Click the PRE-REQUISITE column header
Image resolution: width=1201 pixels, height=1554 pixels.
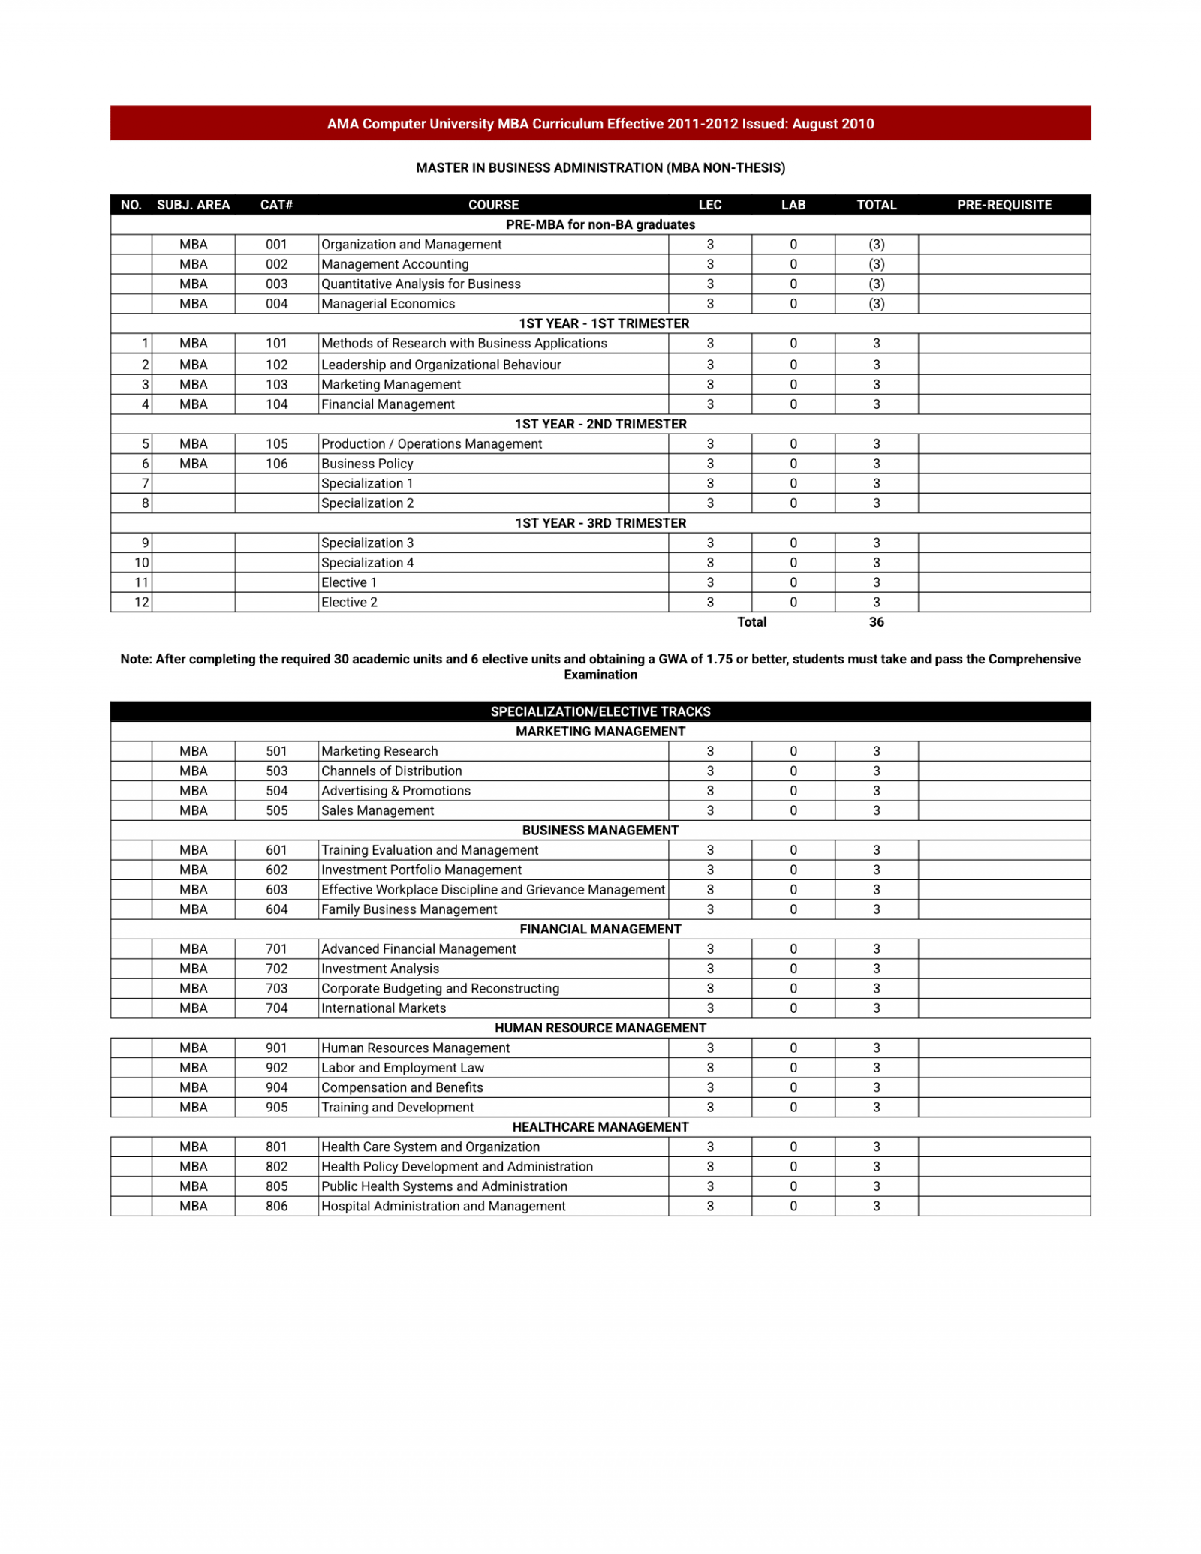1004,205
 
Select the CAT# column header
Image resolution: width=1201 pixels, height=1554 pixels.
276,205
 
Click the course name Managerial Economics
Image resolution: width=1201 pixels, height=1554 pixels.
388,304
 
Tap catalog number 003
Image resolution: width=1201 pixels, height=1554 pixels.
276,284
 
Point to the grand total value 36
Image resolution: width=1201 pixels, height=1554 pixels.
876,622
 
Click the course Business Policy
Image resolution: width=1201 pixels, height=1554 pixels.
367,464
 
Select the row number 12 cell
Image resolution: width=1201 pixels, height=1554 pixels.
142,602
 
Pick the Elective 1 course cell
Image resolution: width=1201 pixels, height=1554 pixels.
349,582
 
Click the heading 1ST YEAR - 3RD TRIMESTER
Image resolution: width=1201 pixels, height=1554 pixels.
600,523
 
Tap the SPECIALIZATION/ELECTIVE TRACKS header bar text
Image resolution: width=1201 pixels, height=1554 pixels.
600,711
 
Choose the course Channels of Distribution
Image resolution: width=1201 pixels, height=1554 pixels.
391,771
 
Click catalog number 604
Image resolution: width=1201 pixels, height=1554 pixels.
276,909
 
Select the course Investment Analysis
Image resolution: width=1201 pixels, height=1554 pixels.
380,969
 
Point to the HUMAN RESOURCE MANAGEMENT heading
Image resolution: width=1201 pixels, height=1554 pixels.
600,1028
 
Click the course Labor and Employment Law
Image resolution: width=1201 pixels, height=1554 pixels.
402,1068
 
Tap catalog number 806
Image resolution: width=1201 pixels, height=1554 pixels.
276,1206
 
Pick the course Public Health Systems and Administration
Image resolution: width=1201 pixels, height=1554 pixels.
444,1186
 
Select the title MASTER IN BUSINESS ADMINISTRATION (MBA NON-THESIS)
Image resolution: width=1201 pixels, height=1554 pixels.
600,167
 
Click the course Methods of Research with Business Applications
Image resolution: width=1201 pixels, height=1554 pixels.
464,344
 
